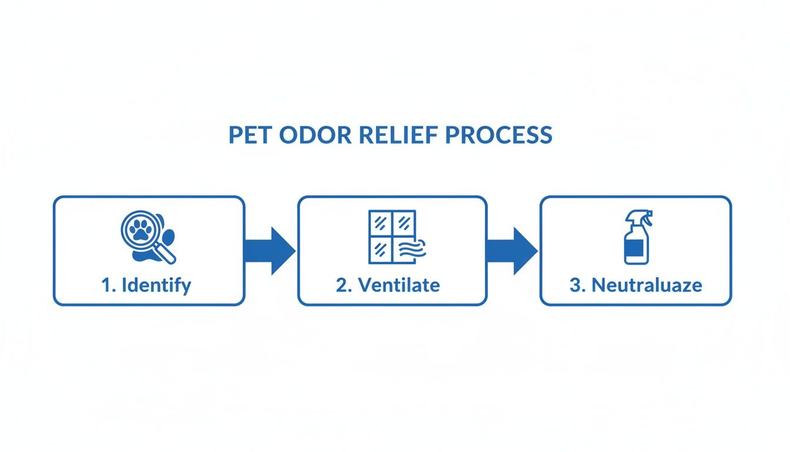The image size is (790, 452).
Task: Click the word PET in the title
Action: click(250, 135)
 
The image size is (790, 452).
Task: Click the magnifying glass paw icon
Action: click(147, 237)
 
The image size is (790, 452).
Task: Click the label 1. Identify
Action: click(146, 285)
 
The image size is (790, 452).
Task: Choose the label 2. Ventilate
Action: click(388, 285)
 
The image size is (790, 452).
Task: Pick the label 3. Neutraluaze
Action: click(636, 285)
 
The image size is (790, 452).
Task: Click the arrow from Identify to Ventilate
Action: click(270, 251)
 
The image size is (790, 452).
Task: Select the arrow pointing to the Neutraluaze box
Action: click(512, 251)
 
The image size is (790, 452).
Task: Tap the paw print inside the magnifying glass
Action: click(140, 231)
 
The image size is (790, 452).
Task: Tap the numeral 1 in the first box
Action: click(106, 285)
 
